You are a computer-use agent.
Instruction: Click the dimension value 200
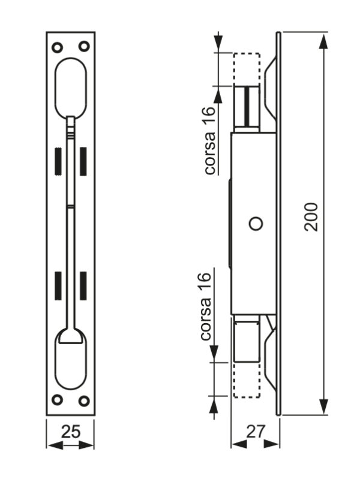[311, 217]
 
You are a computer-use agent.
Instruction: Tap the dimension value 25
[71, 432]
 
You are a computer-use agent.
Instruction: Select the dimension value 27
[256, 432]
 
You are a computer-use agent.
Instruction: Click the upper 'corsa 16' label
[209, 141]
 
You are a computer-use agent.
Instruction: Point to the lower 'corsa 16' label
[206, 306]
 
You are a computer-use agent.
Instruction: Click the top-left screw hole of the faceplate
[57, 47]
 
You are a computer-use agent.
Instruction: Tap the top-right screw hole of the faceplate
[84, 47]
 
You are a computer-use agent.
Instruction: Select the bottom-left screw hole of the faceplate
[57, 400]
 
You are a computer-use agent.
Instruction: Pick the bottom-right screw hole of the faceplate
[84, 401]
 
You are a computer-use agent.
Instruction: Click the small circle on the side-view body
[256, 224]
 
